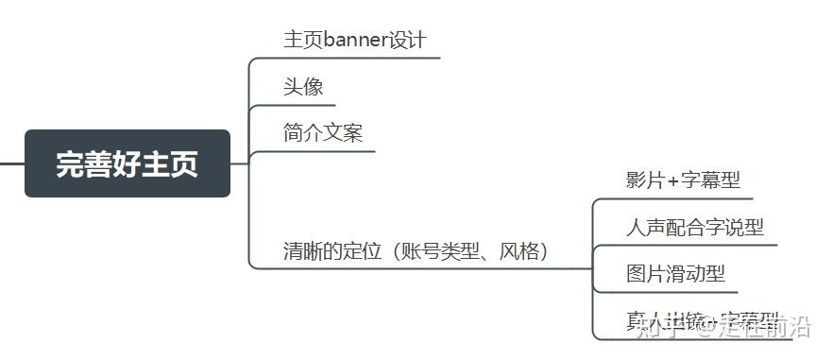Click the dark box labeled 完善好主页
(127, 163)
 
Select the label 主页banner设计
(355, 40)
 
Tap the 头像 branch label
(303, 87)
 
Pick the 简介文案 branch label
(323, 133)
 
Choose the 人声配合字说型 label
(694, 227)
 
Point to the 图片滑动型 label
(675, 274)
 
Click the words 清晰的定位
(331, 251)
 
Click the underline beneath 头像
(302, 104)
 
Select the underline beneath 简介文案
(321, 150)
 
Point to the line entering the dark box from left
(11, 163)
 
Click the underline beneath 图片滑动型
(675, 292)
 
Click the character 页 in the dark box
(184, 164)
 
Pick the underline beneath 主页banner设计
(359, 58)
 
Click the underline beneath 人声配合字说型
(694, 245)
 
